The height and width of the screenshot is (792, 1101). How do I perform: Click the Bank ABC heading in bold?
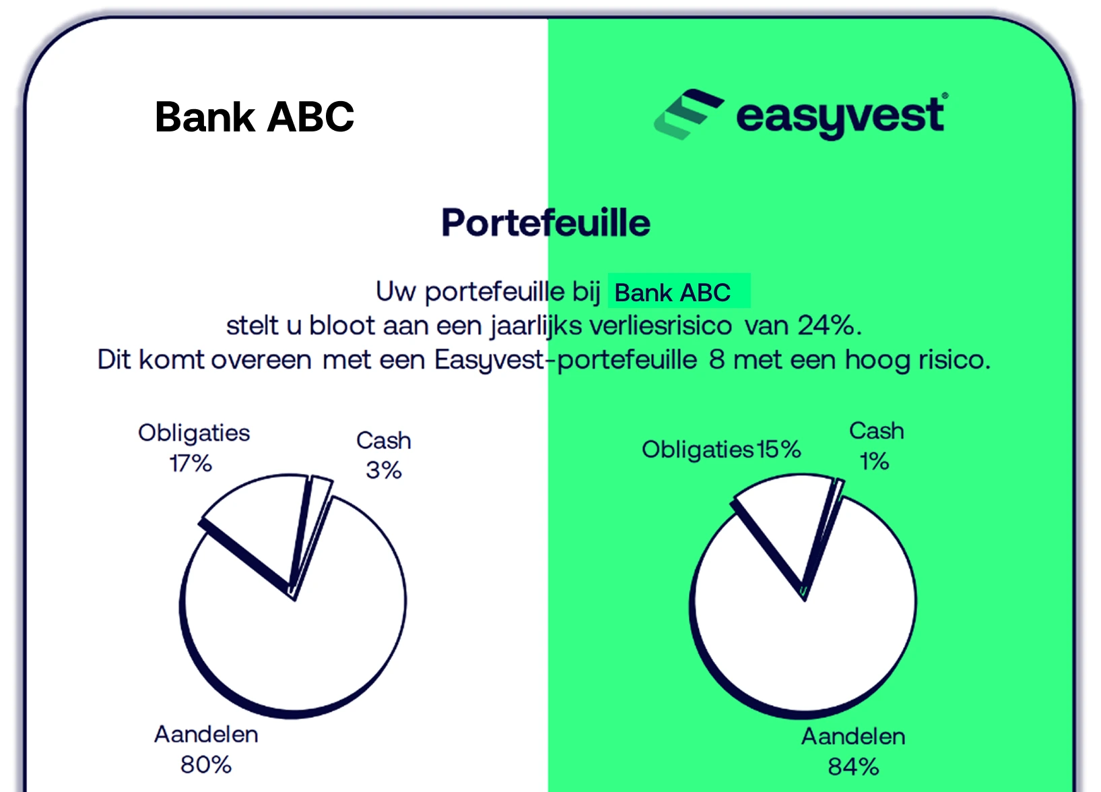tap(254, 117)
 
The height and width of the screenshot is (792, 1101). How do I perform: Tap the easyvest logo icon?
tap(688, 114)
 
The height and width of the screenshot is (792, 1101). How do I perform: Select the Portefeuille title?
tap(545, 223)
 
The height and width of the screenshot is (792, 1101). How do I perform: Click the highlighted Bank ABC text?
tap(673, 293)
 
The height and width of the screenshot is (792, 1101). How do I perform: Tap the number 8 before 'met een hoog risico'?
tap(716, 359)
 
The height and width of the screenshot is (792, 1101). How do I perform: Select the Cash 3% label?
tap(384, 455)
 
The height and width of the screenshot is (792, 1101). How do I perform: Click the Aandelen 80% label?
tap(206, 750)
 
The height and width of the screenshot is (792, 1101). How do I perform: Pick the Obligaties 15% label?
tap(721, 450)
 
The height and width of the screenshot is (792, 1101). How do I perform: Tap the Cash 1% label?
tap(876, 446)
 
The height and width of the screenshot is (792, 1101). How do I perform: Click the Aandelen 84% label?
tap(853, 752)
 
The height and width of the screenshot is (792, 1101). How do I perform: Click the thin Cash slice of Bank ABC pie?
tap(314, 522)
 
